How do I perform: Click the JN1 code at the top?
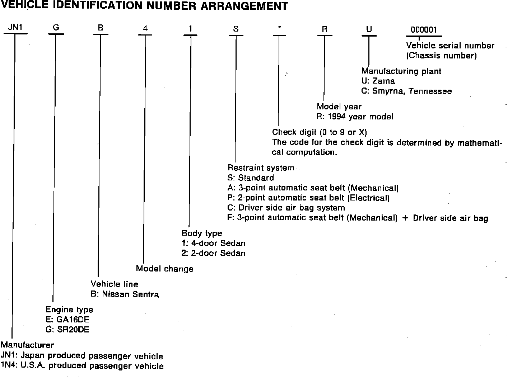pos(15,28)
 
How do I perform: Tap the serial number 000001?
pos(424,30)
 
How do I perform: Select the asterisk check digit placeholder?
pos(279,28)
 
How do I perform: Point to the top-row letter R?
pos(325,29)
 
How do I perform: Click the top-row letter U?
pos(369,29)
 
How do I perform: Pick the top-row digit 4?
pos(145,28)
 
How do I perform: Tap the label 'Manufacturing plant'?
pos(401,71)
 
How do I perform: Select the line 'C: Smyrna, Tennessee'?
pos(406,91)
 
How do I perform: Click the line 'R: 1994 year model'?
pos(355,117)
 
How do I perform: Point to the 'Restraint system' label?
pos(261,167)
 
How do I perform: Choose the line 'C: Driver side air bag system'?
pos(286,208)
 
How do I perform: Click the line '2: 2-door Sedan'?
pos(213,253)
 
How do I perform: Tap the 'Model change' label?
pos(164,269)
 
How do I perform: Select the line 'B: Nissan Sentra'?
pos(125,294)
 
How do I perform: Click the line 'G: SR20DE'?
pos(67,330)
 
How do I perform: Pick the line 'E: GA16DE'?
pos(67,320)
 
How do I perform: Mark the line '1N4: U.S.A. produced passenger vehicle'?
pos(82,366)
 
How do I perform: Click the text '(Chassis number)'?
pos(441,56)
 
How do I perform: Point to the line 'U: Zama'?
pos(378,81)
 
